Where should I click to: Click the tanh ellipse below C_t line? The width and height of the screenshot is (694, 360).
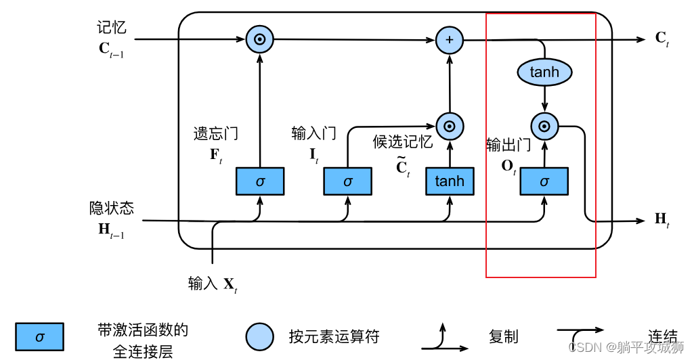tap(544, 72)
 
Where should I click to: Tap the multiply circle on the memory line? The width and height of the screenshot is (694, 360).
tap(259, 40)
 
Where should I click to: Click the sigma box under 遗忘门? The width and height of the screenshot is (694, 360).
tap(260, 181)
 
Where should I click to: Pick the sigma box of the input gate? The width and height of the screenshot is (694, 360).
tap(347, 181)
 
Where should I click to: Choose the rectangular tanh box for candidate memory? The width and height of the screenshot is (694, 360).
tap(450, 181)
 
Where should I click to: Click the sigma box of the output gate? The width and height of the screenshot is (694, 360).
tap(544, 181)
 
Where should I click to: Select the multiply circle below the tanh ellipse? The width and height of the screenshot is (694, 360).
tap(544, 125)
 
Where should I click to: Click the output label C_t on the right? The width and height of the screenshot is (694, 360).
tap(662, 39)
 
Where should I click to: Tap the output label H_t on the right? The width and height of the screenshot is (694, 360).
tap(662, 219)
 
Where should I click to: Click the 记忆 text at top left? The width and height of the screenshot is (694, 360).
tap(111, 28)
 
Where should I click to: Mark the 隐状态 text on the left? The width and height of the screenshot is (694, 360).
tap(112, 208)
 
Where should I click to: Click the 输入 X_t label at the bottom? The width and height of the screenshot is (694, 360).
tap(213, 284)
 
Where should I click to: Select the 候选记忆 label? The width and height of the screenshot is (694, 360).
tap(402, 141)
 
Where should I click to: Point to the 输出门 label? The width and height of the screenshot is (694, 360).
tap(508, 145)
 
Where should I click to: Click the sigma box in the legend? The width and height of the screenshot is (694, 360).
tap(39, 336)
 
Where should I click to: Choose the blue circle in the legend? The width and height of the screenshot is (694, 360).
tap(260, 336)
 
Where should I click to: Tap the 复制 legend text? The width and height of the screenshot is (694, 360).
tap(503, 336)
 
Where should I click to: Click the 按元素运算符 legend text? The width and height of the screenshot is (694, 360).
tap(334, 336)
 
